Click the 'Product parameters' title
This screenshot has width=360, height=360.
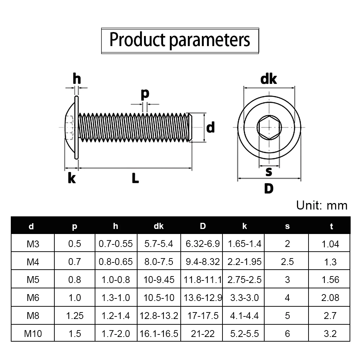(x=180, y=40)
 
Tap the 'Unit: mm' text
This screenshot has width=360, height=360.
(x=321, y=205)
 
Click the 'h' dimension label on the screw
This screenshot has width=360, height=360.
(x=77, y=78)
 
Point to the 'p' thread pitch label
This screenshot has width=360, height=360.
(x=145, y=94)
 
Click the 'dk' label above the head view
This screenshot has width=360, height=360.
(x=269, y=79)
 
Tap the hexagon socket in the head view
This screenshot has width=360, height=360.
(x=269, y=127)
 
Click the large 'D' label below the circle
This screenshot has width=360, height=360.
(x=269, y=189)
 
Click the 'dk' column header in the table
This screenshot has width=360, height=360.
(x=159, y=226)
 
